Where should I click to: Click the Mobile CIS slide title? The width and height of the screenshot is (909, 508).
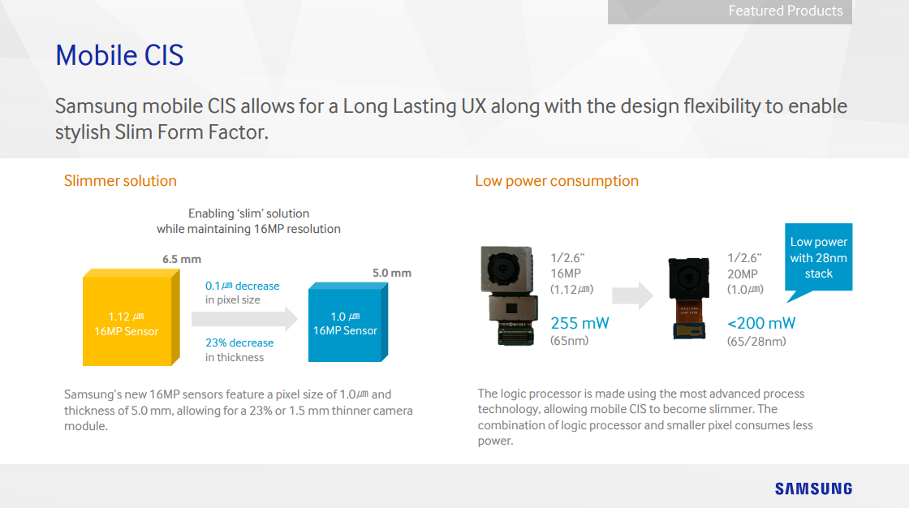click(x=119, y=56)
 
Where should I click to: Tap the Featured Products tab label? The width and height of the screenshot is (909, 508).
click(x=786, y=11)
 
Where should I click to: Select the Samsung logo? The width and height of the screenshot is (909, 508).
click(x=813, y=489)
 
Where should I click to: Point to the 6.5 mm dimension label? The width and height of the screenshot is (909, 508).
click(x=182, y=259)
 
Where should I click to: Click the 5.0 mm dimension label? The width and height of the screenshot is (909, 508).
click(x=392, y=273)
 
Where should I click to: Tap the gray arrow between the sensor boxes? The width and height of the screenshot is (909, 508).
click(x=244, y=319)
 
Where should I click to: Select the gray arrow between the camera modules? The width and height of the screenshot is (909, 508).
click(x=632, y=295)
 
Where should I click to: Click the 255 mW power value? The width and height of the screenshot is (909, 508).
click(x=579, y=323)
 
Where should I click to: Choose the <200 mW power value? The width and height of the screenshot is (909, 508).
click(x=761, y=323)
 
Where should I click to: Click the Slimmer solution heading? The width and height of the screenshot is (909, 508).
click(x=120, y=181)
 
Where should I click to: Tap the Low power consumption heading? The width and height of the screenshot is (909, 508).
click(x=557, y=181)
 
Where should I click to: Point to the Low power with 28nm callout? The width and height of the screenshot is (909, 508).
click(x=819, y=257)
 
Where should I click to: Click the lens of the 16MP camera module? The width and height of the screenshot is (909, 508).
click(x=502, y=269)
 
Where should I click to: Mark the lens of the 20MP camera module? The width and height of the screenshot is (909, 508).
click(x=688, y=279)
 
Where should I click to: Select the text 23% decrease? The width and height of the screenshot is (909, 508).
click(x=239, y=342)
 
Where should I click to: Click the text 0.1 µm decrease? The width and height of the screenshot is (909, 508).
click(x=243, y=286)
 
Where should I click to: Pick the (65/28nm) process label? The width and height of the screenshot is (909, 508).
click(x=756, y=342)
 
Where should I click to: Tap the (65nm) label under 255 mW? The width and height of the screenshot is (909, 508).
click(x=569, y=341)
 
